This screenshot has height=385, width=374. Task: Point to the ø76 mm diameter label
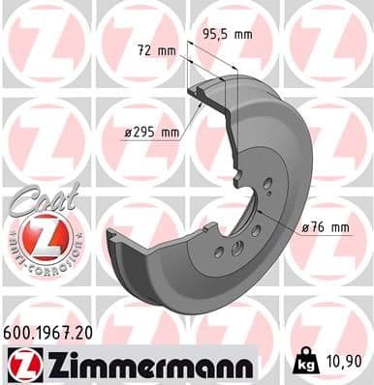pos(324,227)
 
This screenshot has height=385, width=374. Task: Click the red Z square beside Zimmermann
pos(20,363)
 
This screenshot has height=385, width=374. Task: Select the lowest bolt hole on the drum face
pos(219,253)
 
